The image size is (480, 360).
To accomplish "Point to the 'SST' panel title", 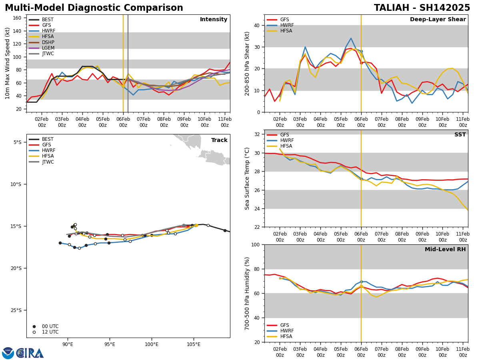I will (x=460, y=135).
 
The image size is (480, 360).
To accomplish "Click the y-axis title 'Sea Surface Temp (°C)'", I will (x=247, y=178).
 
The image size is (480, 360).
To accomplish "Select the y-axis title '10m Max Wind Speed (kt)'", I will (x=7, y=63).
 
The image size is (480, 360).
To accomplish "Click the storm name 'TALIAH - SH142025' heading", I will (x=422, y=8).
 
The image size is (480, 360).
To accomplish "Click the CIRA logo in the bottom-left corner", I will (x=23, y=353).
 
